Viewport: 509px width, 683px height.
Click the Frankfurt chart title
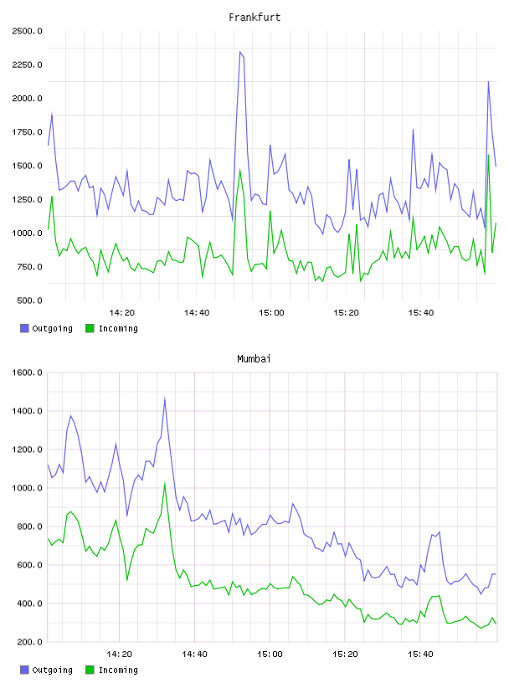[254, 18]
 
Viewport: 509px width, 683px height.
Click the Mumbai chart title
[254, 359]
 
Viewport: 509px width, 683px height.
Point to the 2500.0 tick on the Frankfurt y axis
[28, 31]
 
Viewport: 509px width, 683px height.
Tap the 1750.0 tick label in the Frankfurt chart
[28, 132]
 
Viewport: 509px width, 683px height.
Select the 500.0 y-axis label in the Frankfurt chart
[29, 300]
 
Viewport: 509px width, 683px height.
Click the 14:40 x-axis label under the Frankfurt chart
[197, 312]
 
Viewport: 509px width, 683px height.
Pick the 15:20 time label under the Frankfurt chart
[346, 312]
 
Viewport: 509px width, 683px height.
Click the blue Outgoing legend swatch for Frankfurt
[24, 328]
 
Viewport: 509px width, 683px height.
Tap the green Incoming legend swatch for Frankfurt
[90, 328]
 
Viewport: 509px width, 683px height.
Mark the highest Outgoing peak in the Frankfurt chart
[239, 52]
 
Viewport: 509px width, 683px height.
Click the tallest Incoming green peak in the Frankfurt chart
[488, 155]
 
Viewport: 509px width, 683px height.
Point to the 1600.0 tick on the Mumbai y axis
[28, 372]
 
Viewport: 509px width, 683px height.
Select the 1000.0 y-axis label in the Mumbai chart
[28, 488]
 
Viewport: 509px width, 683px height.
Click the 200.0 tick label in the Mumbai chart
[29, 642]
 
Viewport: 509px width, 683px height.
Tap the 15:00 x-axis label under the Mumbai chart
[270, 654]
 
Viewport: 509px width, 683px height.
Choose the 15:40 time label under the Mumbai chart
[420, 654]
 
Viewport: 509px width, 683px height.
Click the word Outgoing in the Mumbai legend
[52, 670]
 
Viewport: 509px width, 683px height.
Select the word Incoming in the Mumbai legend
[118, 670]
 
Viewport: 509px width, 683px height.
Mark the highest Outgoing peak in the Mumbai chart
[164, 398]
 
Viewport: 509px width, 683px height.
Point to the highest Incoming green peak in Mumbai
[164, 483]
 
